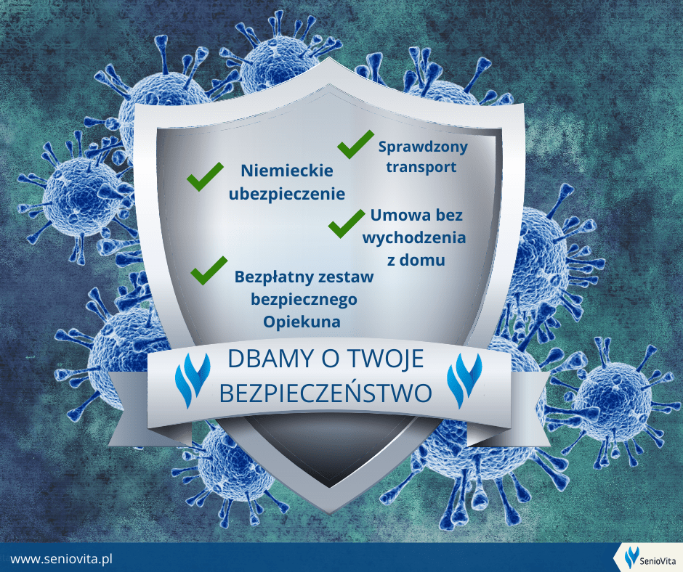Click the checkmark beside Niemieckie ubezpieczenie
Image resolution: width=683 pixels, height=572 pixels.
coord(205,176)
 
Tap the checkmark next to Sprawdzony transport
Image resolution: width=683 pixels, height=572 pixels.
coord(355,144)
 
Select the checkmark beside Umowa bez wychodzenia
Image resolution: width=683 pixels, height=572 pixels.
coord(347,224)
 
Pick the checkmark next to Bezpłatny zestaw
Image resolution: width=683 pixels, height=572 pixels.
coord(209,270)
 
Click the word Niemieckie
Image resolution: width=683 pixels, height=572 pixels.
coord(287,170)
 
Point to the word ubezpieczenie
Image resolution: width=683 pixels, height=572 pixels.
coord(287,194)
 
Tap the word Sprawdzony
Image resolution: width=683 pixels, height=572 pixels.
coord(423,147)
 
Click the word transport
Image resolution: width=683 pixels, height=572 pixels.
coord(421,167)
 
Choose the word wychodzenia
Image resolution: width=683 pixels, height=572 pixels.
coord(414,237)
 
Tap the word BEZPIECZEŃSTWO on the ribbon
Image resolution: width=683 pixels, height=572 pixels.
coord(326,393)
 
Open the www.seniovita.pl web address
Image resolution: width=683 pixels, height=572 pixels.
coord(62,558)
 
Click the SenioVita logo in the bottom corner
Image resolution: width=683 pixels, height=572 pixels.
coord(650,558)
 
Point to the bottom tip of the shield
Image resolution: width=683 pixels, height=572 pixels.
coord(330,513)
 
